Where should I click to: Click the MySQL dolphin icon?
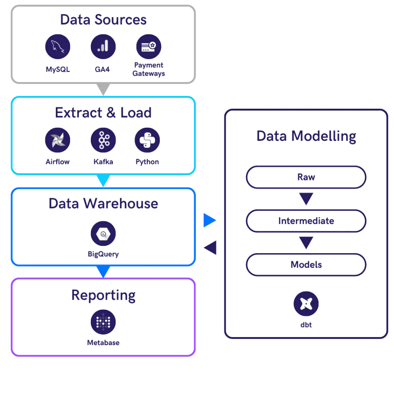click(x=57, y=47)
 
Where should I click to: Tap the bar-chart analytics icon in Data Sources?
click(x=103, y=47)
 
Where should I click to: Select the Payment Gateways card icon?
click(x=149, y=47)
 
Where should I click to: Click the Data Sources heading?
click(x=103, y=20)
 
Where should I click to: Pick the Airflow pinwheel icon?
click(x=57, y=139)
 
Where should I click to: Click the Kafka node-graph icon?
click(x=103, y=139)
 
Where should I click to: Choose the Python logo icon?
click(x=147, y=139)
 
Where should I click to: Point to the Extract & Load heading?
click(x=103, y=112)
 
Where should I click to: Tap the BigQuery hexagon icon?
click(x=103, y=233)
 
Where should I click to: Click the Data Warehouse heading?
click(x=103, y=203)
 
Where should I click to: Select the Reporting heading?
click(x=103, y=295)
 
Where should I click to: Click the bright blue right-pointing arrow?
click(x=210, y=220)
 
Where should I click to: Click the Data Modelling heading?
click(x=306, y=136)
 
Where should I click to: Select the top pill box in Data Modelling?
click(x=306, y=178)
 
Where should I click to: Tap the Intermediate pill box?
click(x=306, y=221)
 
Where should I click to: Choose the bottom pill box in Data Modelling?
click(x=306, y=264)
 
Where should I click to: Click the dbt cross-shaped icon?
click(x=306, y=304)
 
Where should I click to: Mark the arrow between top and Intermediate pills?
click(x=306, y=199)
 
